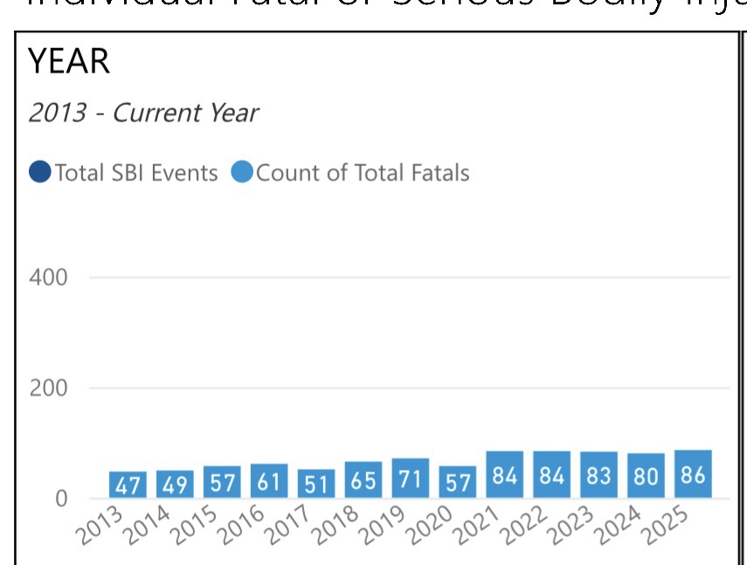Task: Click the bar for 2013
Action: pos(128,485)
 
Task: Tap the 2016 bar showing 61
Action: pos(269,481)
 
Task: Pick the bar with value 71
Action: pos(411,479)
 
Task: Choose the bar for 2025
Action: pos(693,475)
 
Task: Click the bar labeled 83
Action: pos(598,476)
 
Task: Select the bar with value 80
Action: pos(646,477)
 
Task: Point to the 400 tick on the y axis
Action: pos(48,278)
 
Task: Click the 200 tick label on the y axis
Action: pos(48,389)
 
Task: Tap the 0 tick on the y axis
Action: pos(59,499)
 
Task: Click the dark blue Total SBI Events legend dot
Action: pos(40,173)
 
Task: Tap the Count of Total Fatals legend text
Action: pos(363,173)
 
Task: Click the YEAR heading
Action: pos(69,62)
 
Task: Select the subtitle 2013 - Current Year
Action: pos(143,113)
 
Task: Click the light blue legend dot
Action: pos(242,173)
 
